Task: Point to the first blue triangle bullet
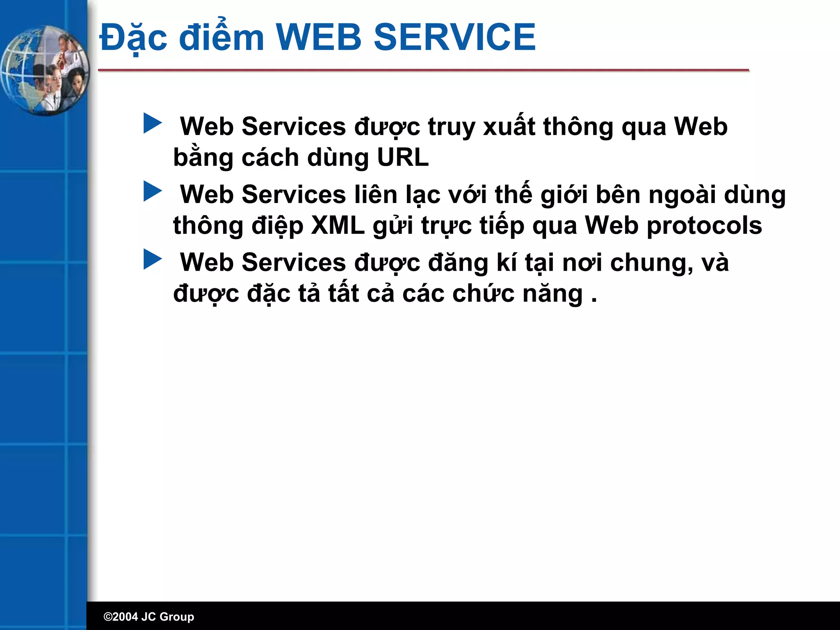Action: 152,123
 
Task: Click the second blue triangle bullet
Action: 152,192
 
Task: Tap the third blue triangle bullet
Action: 152,260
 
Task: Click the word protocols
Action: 704,226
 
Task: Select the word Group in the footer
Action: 176,617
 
